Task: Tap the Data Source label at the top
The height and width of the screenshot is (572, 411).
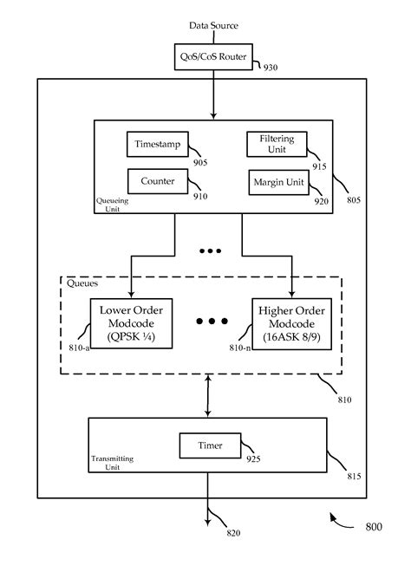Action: point(213,26)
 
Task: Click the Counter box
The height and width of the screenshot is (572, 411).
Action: point(156,182)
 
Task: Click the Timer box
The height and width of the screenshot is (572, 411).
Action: point(210,446)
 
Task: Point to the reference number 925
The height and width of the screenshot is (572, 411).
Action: point(252,459)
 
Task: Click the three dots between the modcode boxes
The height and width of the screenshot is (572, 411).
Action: point(210,322)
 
